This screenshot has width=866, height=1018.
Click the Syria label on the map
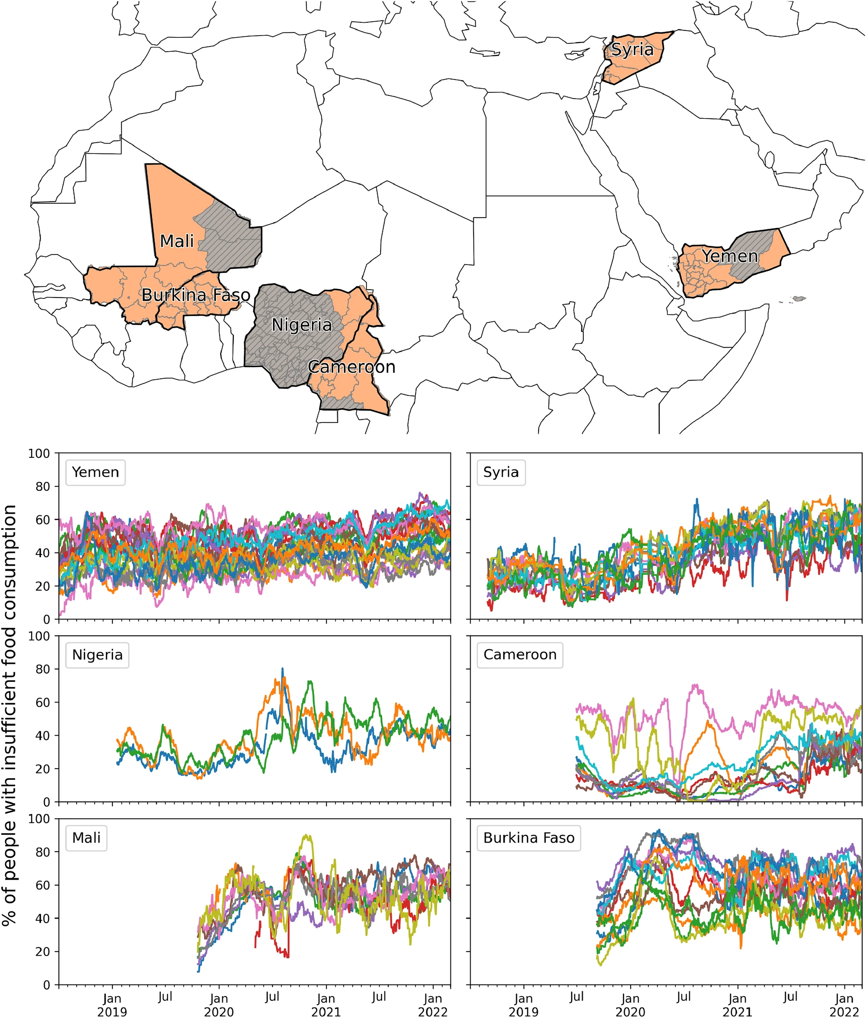pyautogui.click(x=632, y=49)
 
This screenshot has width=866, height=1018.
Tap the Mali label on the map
pyautogui.click(x=177, y=241)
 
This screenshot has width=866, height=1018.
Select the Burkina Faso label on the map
pyautogui.click(x=196, y=295)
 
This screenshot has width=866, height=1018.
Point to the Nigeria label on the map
pyautogui.click(x=302, y=325)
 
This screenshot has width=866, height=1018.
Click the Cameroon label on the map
pyautogui.click(x=351, y=367)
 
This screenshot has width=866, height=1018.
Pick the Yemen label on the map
pyautogui.click(x=730, y=256)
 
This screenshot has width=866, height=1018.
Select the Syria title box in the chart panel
pyautogui.click(x=501, y=472)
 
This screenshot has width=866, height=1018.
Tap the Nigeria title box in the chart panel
pyautogui.click(x=97, y=655)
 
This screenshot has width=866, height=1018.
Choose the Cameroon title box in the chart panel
pyautogui.click(x=520, y=655)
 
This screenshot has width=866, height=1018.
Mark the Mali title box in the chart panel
pyautogui.click(x=86, y=838)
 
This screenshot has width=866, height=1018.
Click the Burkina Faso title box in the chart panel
pyautogui.click(x=529, y=838)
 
